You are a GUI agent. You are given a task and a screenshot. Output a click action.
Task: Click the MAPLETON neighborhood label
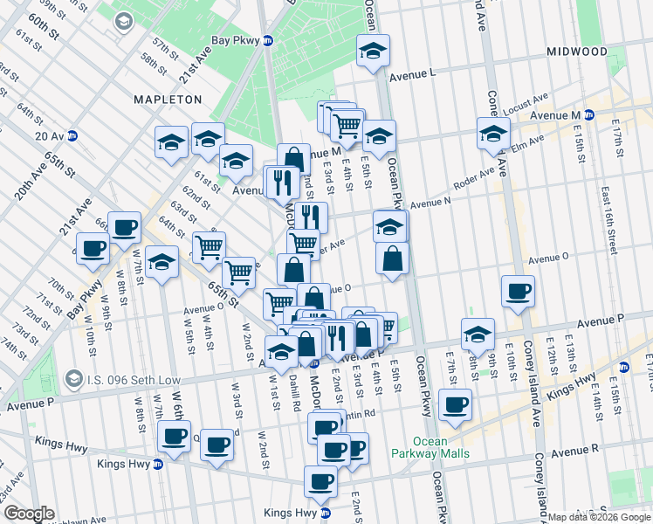point(168,100)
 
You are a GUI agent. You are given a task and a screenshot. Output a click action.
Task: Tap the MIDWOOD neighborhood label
point(576,52)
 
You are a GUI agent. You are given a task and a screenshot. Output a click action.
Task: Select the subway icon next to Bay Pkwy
point(269,41)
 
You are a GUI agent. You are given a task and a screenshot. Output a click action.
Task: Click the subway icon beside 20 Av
point(72,135)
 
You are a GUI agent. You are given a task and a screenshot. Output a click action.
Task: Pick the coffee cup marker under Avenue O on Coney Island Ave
point(519,291)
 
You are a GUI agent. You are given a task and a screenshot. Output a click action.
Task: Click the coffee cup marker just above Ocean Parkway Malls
point(456,403)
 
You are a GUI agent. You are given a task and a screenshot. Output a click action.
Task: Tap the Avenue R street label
point(574,451)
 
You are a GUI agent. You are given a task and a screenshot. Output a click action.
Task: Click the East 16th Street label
point(603,212)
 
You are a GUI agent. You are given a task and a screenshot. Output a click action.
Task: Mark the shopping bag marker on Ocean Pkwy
point(393,259)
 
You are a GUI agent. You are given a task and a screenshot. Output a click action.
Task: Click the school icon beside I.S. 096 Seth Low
point(77,380)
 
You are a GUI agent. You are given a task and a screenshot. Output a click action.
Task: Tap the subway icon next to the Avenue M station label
point(589,114)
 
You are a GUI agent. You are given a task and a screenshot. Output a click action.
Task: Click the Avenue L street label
point(412,76)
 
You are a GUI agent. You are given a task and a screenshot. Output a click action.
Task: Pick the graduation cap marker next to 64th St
point(162,262)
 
